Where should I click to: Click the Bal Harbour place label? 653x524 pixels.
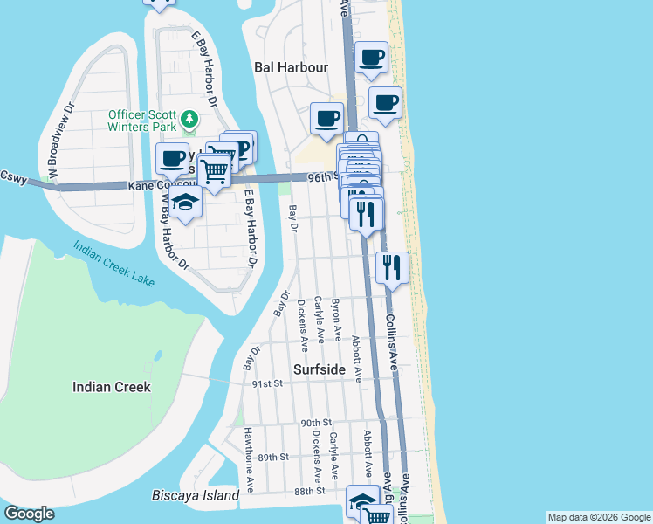291,67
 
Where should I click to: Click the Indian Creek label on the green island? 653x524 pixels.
112,387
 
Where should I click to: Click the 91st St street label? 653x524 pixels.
267,383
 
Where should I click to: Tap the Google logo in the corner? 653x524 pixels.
29,514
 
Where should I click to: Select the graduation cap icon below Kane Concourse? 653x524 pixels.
185,203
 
